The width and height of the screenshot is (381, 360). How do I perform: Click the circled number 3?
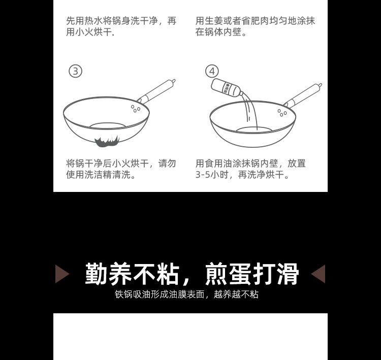76,71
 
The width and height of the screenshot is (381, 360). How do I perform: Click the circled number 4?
212,71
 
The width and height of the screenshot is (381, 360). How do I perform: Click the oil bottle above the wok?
227,88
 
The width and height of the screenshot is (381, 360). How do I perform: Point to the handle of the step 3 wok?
157,91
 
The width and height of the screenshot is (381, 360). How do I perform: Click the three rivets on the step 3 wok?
136,108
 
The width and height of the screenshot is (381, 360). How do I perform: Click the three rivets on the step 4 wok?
282,113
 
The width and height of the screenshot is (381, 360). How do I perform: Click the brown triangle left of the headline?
62,274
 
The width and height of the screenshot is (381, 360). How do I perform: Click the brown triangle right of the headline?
319,274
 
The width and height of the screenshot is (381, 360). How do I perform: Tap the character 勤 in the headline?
97,274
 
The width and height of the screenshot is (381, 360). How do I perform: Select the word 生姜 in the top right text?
214,21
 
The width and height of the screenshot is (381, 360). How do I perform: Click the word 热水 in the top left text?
93,21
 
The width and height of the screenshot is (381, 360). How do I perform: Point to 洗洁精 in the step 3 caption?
98,175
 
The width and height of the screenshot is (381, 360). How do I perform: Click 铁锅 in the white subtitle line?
123,294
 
